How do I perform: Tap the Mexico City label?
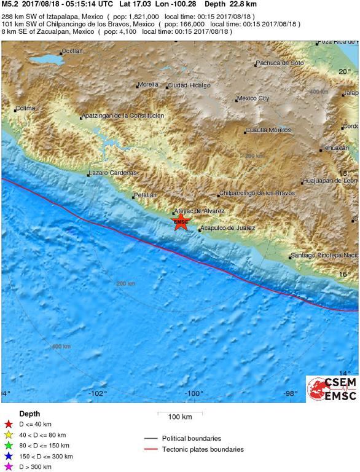click(x=254, y=98)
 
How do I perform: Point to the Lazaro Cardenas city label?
click(x=112, y=173)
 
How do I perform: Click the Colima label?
click(x=26, y=108)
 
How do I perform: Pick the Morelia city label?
click(x=148, y=84)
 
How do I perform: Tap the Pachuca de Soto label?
click(x=280, y=63)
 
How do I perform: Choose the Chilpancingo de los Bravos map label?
click(x=257, y=193)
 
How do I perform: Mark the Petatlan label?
click(x=145, y=195)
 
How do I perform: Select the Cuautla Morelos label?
click(x=268, y=130)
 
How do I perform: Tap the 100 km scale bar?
click(x=180, y=413)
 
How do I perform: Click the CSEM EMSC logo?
click(x=332, y=388)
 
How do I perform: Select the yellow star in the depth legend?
click(x=8, y=435)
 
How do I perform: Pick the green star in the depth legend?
click(x=8, y=446)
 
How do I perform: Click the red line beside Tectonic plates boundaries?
click(x=152, y=449)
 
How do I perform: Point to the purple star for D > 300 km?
click(x=8, y=467)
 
